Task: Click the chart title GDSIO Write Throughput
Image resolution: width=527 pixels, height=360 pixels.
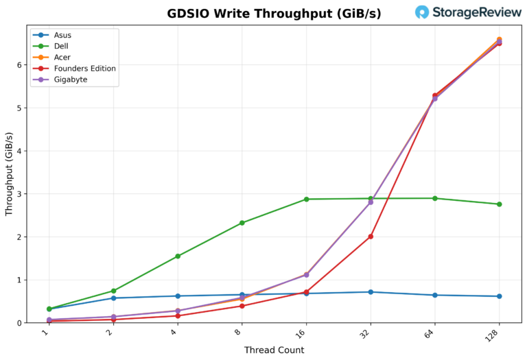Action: point(274,14)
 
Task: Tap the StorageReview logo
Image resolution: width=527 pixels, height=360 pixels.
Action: point(468,12)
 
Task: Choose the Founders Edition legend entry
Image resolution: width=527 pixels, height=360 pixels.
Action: point(84,69)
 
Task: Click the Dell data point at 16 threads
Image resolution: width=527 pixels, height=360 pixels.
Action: point(306,200)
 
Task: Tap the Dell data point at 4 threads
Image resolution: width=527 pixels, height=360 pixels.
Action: point(178,256)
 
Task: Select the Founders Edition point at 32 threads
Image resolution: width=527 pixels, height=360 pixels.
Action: point(371,237)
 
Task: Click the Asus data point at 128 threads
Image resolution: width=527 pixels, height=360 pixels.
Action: point(499,296)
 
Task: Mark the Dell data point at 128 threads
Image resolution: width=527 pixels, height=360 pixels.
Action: point(499,204)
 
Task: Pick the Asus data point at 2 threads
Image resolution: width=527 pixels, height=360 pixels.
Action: point(113,298)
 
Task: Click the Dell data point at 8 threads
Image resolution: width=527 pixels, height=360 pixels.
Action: point(242,223)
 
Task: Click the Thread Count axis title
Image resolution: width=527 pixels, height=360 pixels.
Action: point(274,350)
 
